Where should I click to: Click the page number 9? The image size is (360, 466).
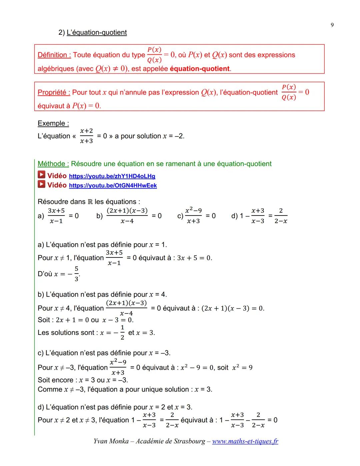click(332, 25)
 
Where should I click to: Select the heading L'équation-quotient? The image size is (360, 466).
click(97, 32)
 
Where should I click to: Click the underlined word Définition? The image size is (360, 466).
click(54, 55)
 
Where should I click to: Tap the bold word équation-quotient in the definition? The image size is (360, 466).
click(200, 69)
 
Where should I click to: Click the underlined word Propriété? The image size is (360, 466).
click(54, 92)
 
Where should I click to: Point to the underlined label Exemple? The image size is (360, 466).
click(53, 123)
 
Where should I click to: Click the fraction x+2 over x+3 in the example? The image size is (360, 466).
click(86, 136)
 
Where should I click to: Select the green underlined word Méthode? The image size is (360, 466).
click(53, 164)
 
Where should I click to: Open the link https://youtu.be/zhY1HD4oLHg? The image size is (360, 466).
click(112, 176)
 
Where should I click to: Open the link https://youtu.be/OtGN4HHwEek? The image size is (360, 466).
click(113, 185)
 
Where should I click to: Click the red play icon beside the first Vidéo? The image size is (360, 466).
click(41, 175)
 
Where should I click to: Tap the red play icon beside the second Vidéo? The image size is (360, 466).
click(41, 184)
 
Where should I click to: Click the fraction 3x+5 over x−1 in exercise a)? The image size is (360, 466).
click(56, 216)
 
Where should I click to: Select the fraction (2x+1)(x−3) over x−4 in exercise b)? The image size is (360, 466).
click(127, 216)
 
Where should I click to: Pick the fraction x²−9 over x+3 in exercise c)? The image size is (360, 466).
click(193, 215)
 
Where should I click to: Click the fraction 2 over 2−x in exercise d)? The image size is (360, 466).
click(281, 216)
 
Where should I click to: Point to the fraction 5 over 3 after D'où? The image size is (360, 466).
click(76, 274)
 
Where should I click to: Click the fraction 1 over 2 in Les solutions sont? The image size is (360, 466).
click(122, 333)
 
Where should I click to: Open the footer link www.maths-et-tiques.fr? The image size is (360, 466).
click(245, 441)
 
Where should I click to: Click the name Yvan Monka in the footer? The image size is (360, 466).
click(111, 441)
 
